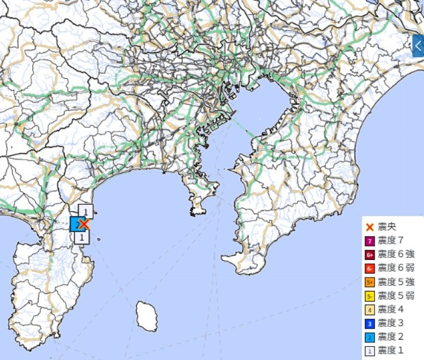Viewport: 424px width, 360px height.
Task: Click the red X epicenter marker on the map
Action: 83,224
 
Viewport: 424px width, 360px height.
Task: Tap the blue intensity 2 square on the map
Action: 76,224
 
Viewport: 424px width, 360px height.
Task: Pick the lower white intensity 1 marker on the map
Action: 81,237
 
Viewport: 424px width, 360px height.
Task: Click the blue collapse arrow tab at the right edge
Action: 418,46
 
